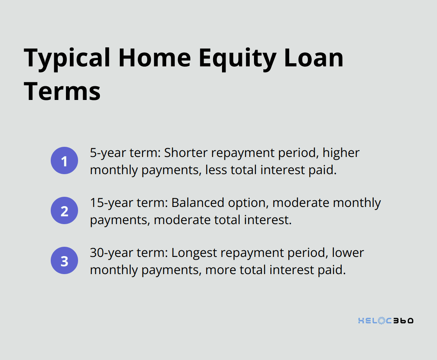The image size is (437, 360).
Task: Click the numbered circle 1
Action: coord(64,160)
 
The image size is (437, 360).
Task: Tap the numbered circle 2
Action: coord(64,210)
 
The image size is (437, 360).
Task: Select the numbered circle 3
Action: coord(64,260)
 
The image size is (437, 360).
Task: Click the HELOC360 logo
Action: coord(386,321)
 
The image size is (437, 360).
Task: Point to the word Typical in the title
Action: coord(67,59)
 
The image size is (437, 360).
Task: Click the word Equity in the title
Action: coord(238,59)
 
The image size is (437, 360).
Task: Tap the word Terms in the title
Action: coord(62,91)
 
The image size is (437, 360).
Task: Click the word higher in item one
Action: coord(341,153)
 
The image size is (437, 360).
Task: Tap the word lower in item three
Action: coord(348,253)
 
